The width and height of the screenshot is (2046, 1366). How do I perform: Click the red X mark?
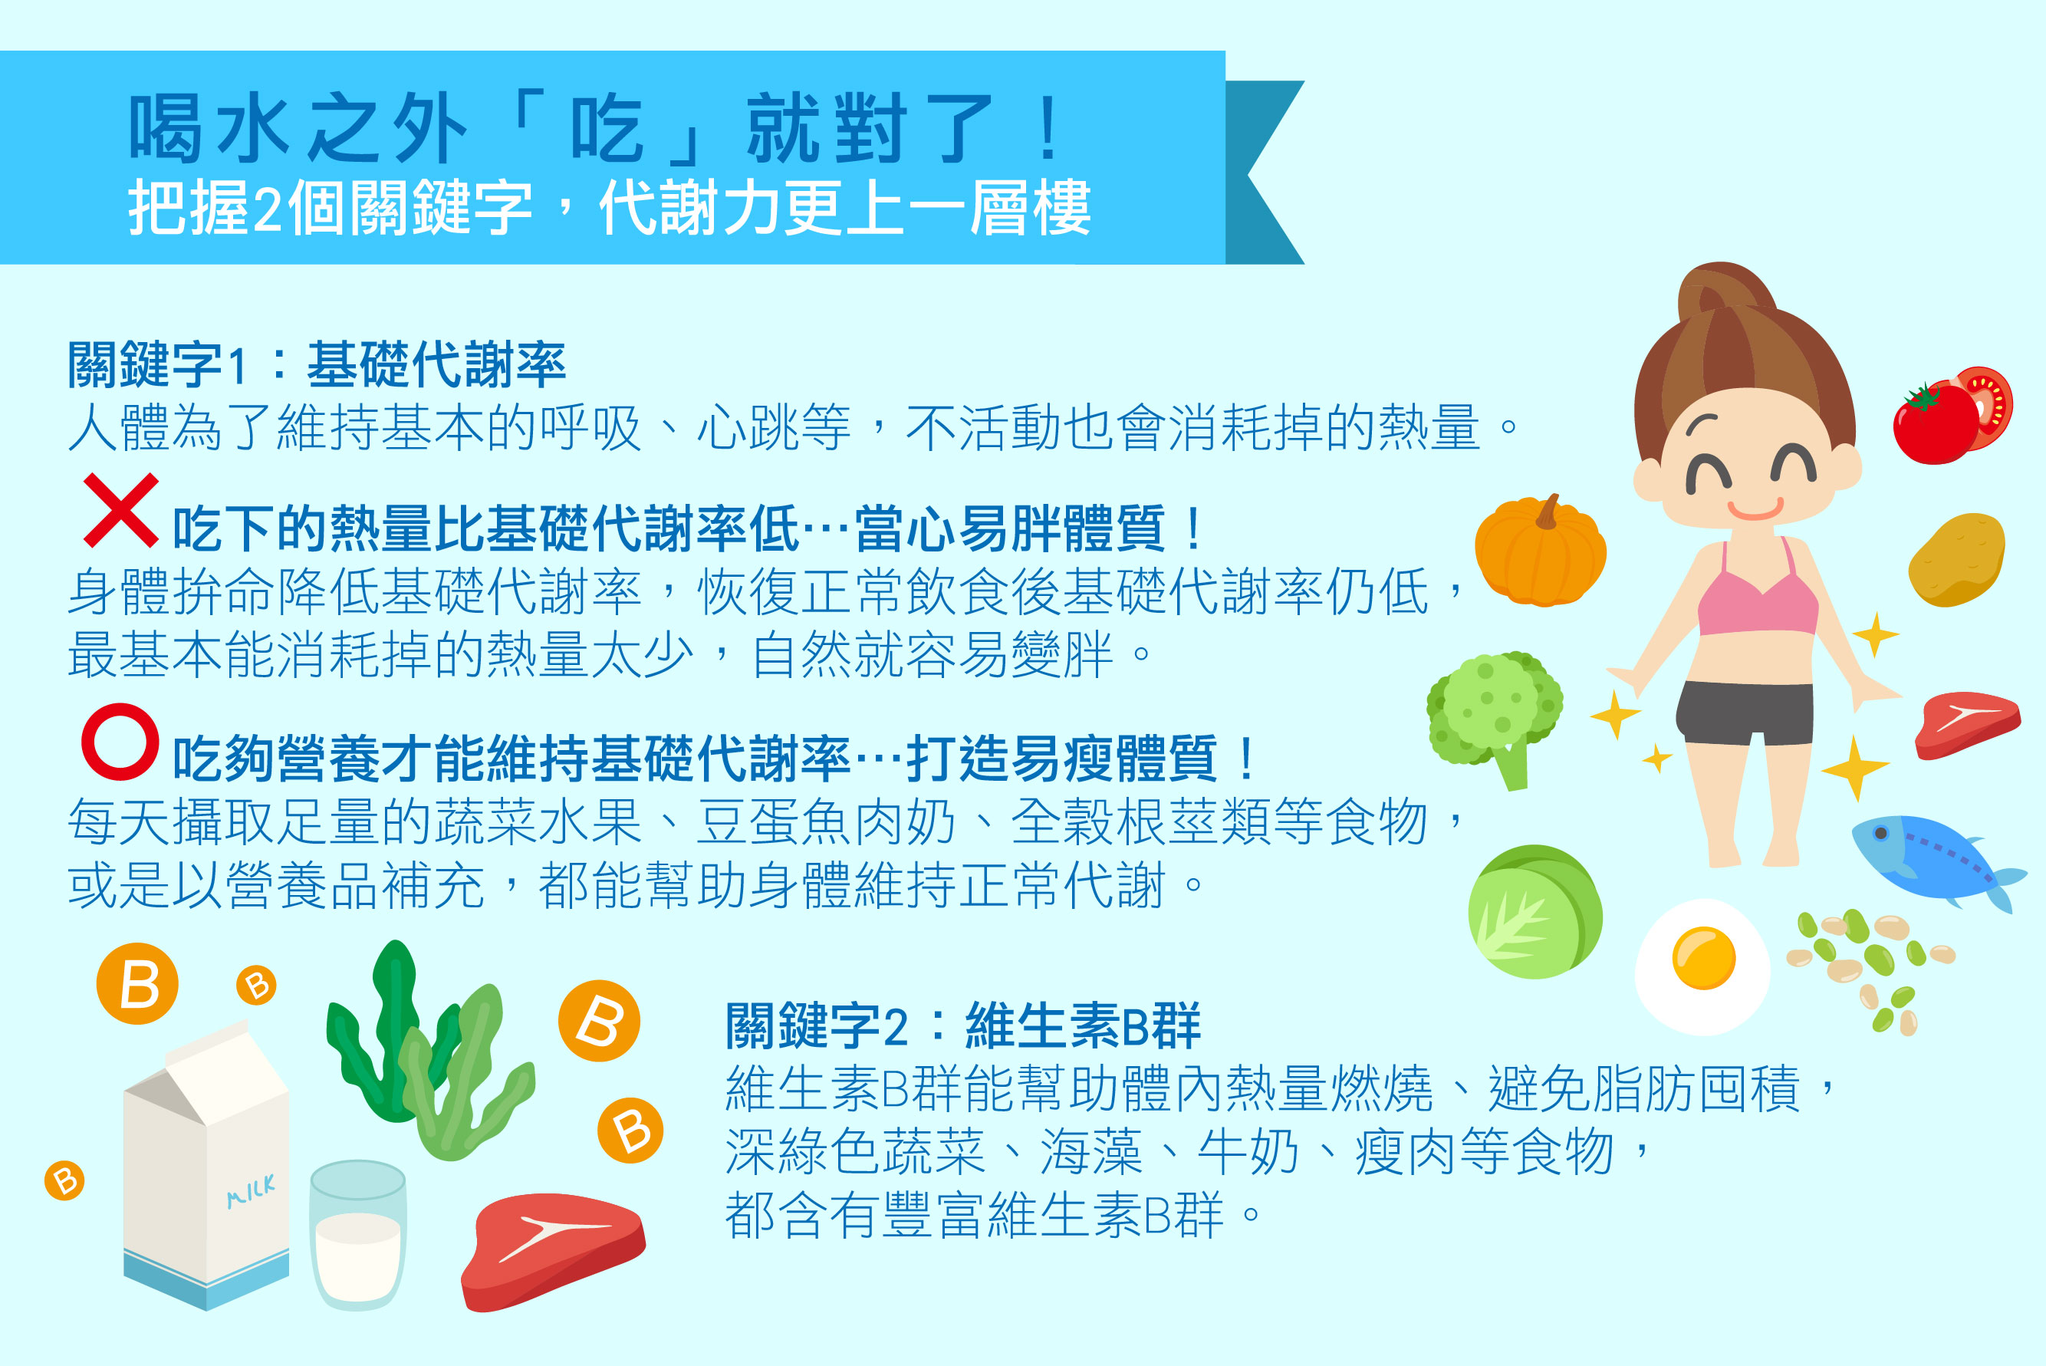click(x=121, y=511)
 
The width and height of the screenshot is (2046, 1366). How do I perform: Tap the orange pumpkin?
click(x=1540, y=551)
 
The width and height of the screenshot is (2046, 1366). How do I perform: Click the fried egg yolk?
click(x=1704, y=958)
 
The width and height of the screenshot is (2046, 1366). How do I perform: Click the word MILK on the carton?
click(x=251, y=1191)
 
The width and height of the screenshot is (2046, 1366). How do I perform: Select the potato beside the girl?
click(x=1956, y=560)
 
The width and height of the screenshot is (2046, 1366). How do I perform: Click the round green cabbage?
click(x=1534, y=911)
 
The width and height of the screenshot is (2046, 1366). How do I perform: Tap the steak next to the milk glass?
click(x=553, y=1252)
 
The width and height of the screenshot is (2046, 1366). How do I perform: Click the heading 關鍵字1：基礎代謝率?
click(x=317, y=364)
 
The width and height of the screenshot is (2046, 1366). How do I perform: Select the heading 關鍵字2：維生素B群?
click(x=962, y=1025)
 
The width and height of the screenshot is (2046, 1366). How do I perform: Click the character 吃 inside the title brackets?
click(x=607, y=128)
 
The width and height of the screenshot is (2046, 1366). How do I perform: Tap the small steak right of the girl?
click(x=1968, y=724)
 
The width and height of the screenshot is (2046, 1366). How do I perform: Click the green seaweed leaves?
click(x=427, y=1054)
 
